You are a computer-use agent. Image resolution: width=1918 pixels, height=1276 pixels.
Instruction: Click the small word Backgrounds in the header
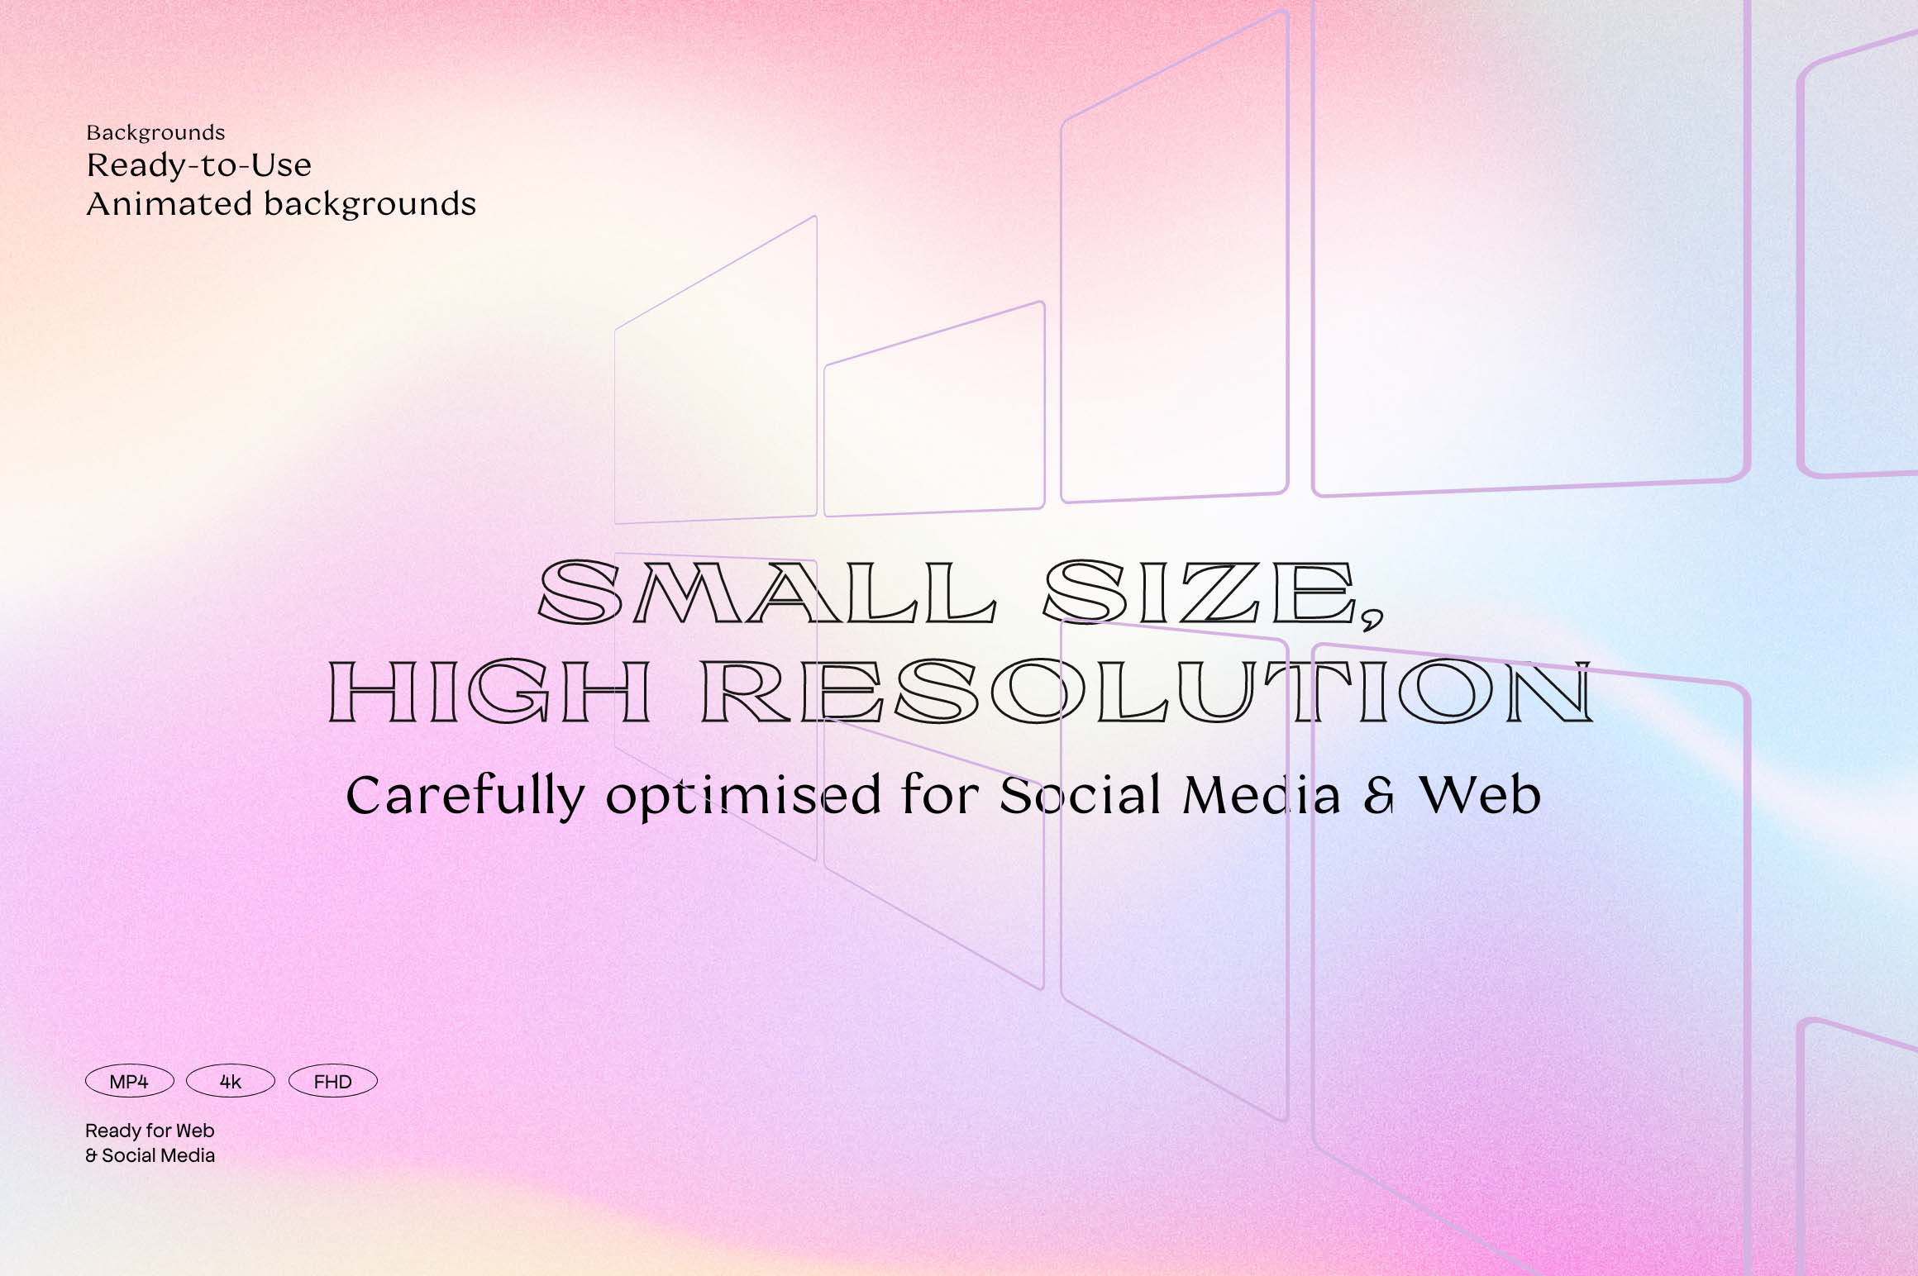pyautogui.click(x=155, y=132)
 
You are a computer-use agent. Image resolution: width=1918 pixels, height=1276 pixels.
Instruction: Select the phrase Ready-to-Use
pyautogui.click(x=198, y=166)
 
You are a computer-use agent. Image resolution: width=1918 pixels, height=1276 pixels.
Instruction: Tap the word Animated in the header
pyautogui.click(x=169, y=204)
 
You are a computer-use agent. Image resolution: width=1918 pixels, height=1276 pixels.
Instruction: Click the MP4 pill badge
pyautogui.click(x=129, y=1082)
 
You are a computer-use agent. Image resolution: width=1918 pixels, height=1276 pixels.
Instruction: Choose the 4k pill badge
pyautogui.click(x=231, y=1082)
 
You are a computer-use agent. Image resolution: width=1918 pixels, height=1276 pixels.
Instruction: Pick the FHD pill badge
pyautogui.click(x=332, y=1082)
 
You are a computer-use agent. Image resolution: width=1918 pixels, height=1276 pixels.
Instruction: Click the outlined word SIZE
pyautogui.click(x=1199, y=592)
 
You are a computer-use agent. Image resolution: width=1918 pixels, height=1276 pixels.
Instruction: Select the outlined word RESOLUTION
pyautogui.click(x=1146, y=693)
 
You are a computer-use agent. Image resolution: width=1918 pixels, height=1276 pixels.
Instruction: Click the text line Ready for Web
pyautogui.click(x=150, y=1131)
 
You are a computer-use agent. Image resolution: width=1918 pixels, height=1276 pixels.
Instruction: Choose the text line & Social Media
pyautogui.click(x=150, y=1155)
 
